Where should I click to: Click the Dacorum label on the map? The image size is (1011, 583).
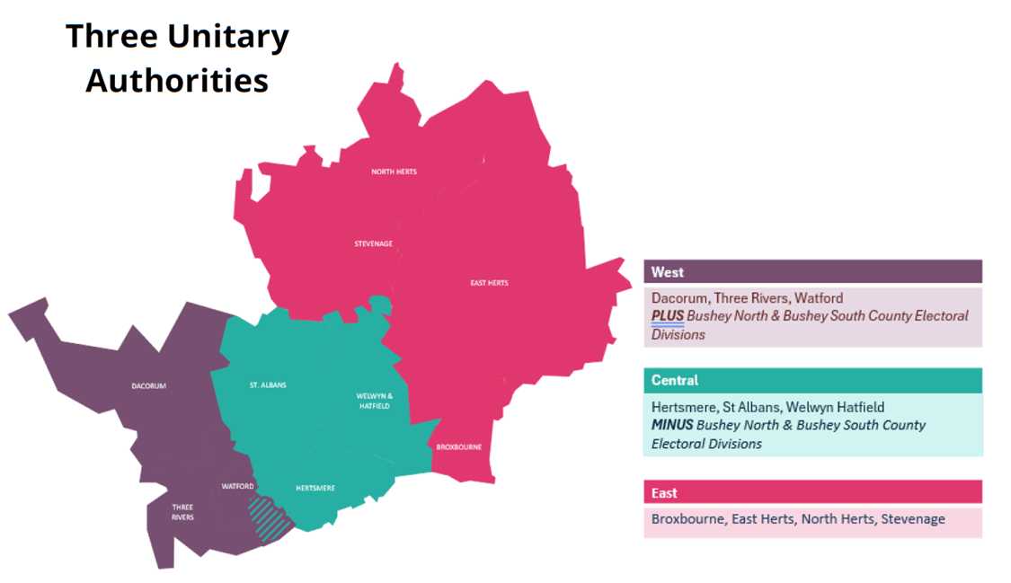click(149, 386)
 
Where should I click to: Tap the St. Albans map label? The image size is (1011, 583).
click(268, 385)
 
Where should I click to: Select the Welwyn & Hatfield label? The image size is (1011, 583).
click(368, 401)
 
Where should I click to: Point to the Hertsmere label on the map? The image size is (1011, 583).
click(315, 488)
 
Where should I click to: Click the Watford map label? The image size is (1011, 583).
click(237, 486)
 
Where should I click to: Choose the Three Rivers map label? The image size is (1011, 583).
click(182, 512)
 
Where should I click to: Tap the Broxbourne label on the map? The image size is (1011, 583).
click(458, 446)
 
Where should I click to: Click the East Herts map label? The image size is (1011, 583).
click(489, 283)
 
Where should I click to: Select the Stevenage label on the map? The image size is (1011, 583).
click(373, 243)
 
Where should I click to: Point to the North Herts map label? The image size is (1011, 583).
click(394, 172)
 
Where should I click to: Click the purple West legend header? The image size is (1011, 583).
click(812, 272)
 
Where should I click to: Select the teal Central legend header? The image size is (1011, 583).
click(812, 380)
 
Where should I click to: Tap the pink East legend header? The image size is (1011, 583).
click(812, 492)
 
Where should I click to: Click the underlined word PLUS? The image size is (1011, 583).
click(668, 316)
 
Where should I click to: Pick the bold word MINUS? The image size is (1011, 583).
click(672, 425)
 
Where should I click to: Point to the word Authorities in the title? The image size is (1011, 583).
click(177, 80)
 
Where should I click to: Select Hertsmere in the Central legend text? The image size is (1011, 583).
click(683, 407)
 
